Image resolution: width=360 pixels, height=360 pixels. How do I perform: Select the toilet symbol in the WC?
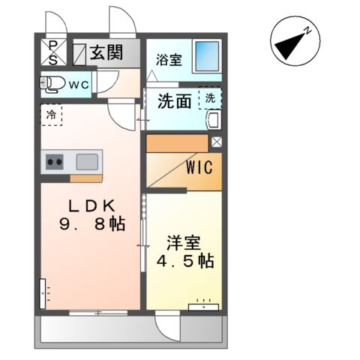click(x=52, y=84)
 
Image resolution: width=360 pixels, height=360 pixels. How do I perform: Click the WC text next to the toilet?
click(x=79, y=85)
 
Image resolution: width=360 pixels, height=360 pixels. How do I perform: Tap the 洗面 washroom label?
click(x=174, y=101)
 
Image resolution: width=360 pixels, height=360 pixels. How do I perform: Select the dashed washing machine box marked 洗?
click(x=209, y=97)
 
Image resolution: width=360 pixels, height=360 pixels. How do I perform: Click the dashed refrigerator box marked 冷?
click(x=51, y=116)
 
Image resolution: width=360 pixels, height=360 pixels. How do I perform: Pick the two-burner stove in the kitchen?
click(x=54, y=160)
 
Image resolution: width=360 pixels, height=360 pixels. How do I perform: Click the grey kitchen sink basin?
click(x=87, y=160)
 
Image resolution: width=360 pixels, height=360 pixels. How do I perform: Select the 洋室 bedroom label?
click(x=183, y=243)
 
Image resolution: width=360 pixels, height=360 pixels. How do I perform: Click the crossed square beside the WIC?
click(x=217, y=141)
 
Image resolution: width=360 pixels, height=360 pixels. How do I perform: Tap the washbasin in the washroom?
click(x=212, y=120)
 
